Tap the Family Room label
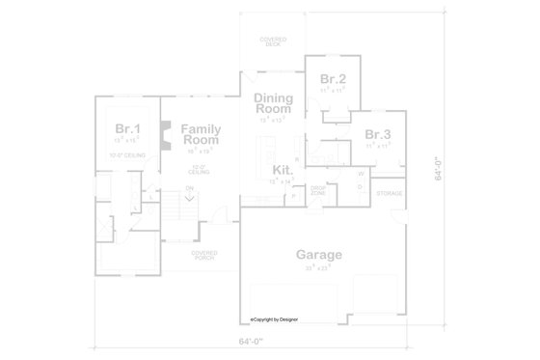202,134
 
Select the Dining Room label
273,102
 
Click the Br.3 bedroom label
377,134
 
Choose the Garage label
318,255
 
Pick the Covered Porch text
203,255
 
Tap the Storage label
390,193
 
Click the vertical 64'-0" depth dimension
437,169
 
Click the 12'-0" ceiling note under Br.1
126,155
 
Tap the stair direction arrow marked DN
190,193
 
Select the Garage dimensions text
318,268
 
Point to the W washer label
360,174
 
